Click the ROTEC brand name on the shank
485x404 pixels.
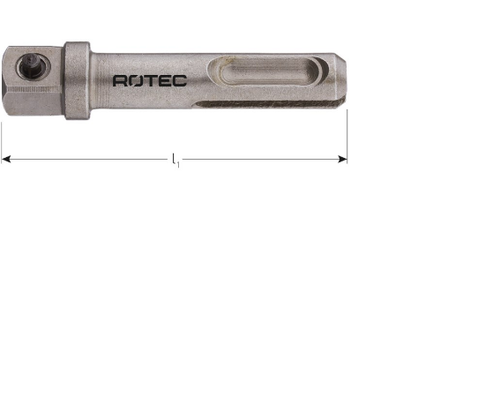pyautogui.click(x=149, y=80)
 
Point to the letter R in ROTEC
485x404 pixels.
pyautogui.click(x=121, y=80)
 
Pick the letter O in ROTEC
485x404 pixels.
pyautogui.click(x=136, y=80)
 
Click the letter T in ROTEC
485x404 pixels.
pyautogui.click(x=150, y=80)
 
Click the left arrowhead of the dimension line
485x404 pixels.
pyautogui.click(x=6, y=160)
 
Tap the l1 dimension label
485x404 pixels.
pyautogui.click(x=175, y=161)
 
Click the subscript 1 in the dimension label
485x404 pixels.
pyautogui.click(x=178, y=164)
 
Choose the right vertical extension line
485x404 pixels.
pyautogui.click(x=347, y=132)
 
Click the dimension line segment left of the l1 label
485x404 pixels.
pyautogui.click(x=88, y=160)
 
